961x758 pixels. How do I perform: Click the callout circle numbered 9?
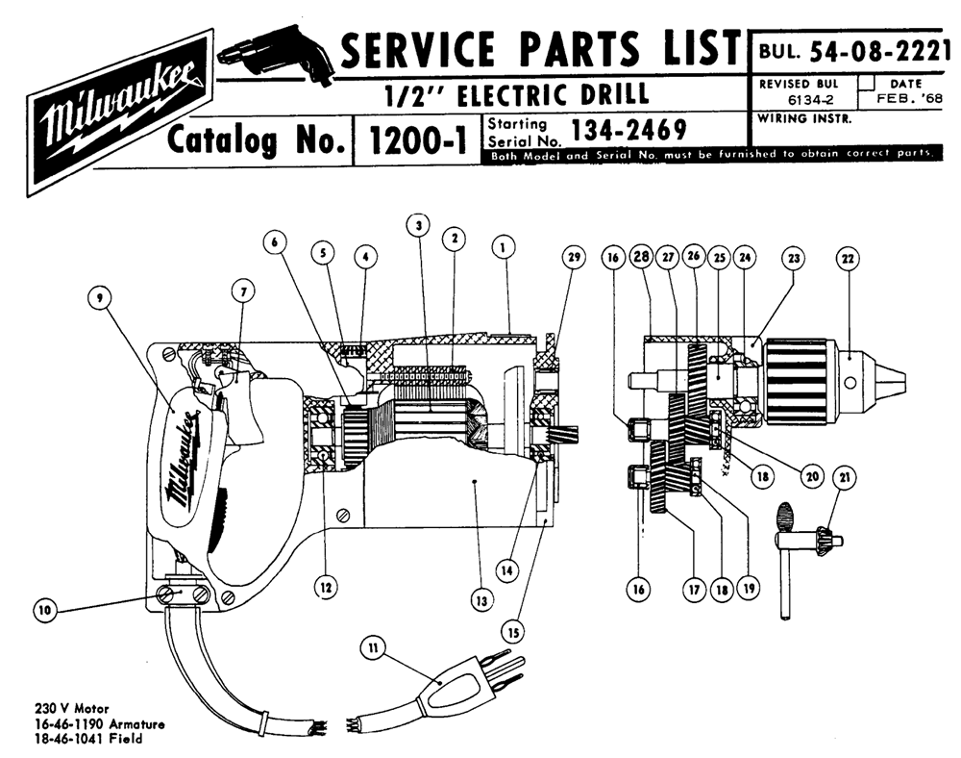(x=100, y=298)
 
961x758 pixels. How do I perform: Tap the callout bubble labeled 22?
(x=848, y=259)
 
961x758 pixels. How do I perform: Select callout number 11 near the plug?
(x=374, y=647)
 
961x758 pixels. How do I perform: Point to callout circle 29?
(x=574, y=257)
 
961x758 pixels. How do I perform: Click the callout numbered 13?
(x=481, y=600)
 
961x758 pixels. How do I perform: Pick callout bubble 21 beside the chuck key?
(x=845, y=477)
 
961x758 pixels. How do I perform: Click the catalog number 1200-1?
(x=417, y=141)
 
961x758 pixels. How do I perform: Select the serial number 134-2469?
(x=628, y=130)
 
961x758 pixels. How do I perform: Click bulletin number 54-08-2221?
(x=875, y=52)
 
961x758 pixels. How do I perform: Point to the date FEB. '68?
(x=909, y=98)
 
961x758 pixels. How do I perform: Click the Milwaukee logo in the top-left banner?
(x=119, y=113)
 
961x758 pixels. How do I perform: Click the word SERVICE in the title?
(x=417, y=49)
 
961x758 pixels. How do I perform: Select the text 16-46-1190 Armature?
(x=100, y=724)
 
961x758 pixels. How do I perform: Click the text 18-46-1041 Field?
(x=88, y=739)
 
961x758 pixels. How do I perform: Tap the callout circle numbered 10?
(x=45, y=610)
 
